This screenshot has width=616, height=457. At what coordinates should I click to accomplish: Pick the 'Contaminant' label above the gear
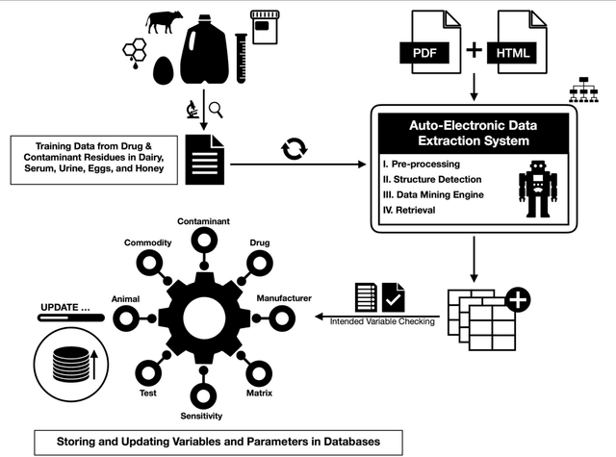click(x=203, y=221)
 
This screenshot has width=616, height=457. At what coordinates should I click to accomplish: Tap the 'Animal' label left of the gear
click(x=126, y=298)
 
